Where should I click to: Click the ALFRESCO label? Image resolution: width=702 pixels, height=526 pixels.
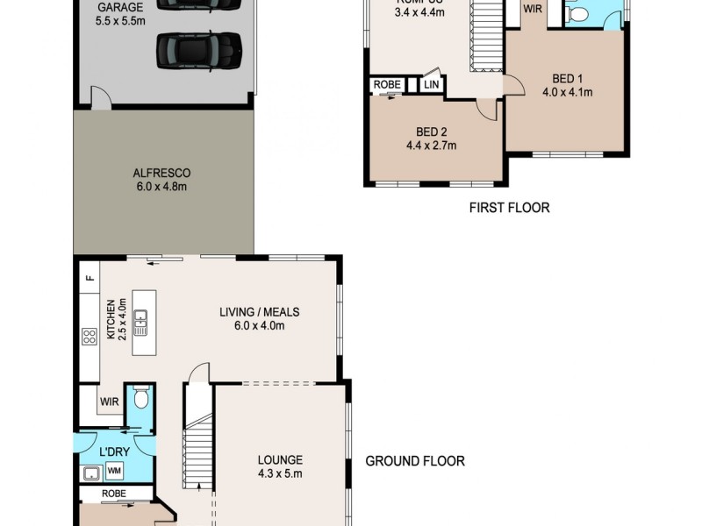tap(161, 173)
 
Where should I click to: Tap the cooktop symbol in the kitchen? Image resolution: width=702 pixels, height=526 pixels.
tap(89, 338)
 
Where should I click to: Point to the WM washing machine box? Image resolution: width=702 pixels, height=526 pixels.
tap(114, 472)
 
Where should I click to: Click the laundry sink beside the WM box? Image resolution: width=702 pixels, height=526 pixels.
tap(91, 473)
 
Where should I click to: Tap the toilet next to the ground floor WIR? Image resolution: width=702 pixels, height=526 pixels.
tap(140, 402)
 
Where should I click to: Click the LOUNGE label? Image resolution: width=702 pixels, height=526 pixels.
tap(280, 459)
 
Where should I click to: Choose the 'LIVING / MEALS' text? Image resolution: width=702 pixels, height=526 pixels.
tap(259, 311)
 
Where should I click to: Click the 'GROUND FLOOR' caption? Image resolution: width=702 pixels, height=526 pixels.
tap(414, 461)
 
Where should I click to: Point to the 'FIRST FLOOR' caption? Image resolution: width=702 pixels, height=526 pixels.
tap(509, 208)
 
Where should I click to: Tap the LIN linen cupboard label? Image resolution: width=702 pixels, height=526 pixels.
tap(430, 85)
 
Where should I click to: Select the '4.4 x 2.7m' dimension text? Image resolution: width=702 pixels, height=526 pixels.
tap(431, 146)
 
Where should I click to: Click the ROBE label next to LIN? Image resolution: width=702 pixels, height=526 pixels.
tap(387, 85)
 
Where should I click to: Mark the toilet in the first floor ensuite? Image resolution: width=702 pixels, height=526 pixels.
tap(578, 12)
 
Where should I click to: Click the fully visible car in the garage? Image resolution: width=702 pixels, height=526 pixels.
tap(199, 50)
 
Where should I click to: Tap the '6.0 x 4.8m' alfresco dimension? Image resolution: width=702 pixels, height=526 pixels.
tap(161, 187)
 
